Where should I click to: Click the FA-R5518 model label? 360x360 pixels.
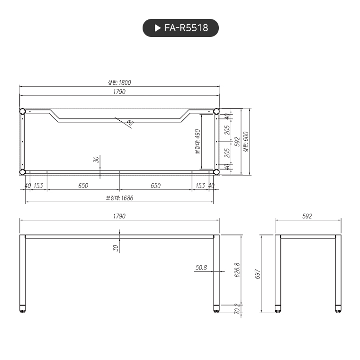coord(186,28)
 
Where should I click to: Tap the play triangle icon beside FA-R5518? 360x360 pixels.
coord(158,28)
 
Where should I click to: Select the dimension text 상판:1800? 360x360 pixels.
coord(119,82)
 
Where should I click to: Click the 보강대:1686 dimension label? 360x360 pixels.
coord(119,198)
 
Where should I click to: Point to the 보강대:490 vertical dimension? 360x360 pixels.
coord(198,141)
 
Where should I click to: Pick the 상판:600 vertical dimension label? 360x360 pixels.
coord(245,142)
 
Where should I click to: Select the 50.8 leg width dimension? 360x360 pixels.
coord(201,268)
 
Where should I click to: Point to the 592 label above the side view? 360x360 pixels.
coord(307,216)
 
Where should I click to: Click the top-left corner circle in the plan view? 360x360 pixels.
coord(22,111)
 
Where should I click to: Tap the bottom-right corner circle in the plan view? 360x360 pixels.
coord(216,172)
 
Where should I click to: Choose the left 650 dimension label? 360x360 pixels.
coord(83,186)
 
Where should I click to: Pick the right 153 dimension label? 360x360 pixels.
coord(200,186)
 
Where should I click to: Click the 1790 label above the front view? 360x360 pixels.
coord(119,216)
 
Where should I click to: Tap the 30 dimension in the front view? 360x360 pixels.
coord(115,247)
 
